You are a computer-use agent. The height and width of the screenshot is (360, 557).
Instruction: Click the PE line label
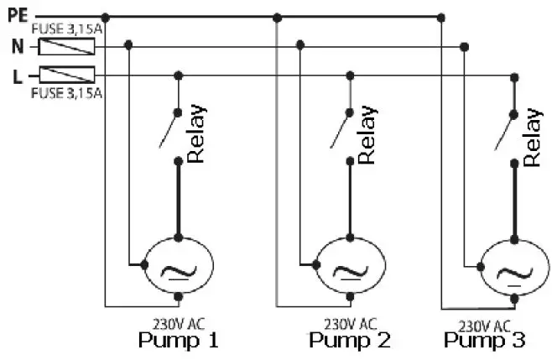click(x=18, y=15)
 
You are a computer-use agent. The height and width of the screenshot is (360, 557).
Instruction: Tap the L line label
click(x=17, y=77)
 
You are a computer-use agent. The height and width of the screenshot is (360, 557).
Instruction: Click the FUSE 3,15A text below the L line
click(x=66, y=92)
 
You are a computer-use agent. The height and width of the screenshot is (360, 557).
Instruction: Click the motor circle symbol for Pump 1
click(x=177, y=266)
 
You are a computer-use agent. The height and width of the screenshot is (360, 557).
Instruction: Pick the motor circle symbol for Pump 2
click(x=345, y=266)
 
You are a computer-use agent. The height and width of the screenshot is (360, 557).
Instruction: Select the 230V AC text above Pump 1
click(x=178, y=322)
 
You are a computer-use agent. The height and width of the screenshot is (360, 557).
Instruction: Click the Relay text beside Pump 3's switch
click(x=532, y=137)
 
